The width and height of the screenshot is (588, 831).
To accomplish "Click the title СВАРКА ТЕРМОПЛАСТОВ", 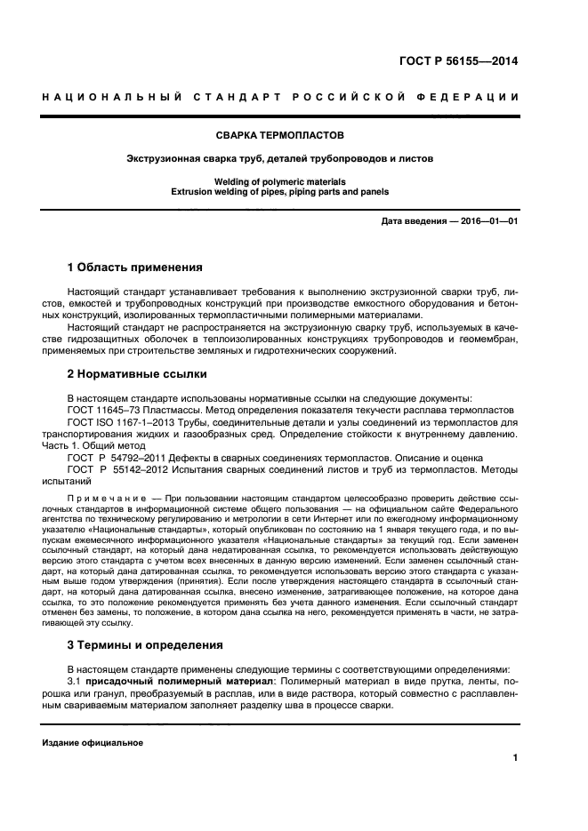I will [x=294, y=135].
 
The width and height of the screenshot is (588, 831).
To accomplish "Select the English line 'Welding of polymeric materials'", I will [x=294, y=180].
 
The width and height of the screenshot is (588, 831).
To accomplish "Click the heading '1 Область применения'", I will [x=134, y=267].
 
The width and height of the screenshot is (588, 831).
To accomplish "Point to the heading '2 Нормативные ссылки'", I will [x=137, y=374].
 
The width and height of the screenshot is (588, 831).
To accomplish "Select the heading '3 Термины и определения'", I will [x=146, y=644].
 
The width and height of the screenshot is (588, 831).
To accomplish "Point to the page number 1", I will [x=515, y=758].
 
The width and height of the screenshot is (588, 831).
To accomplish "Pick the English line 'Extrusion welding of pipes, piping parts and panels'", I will [x=294, y=191].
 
